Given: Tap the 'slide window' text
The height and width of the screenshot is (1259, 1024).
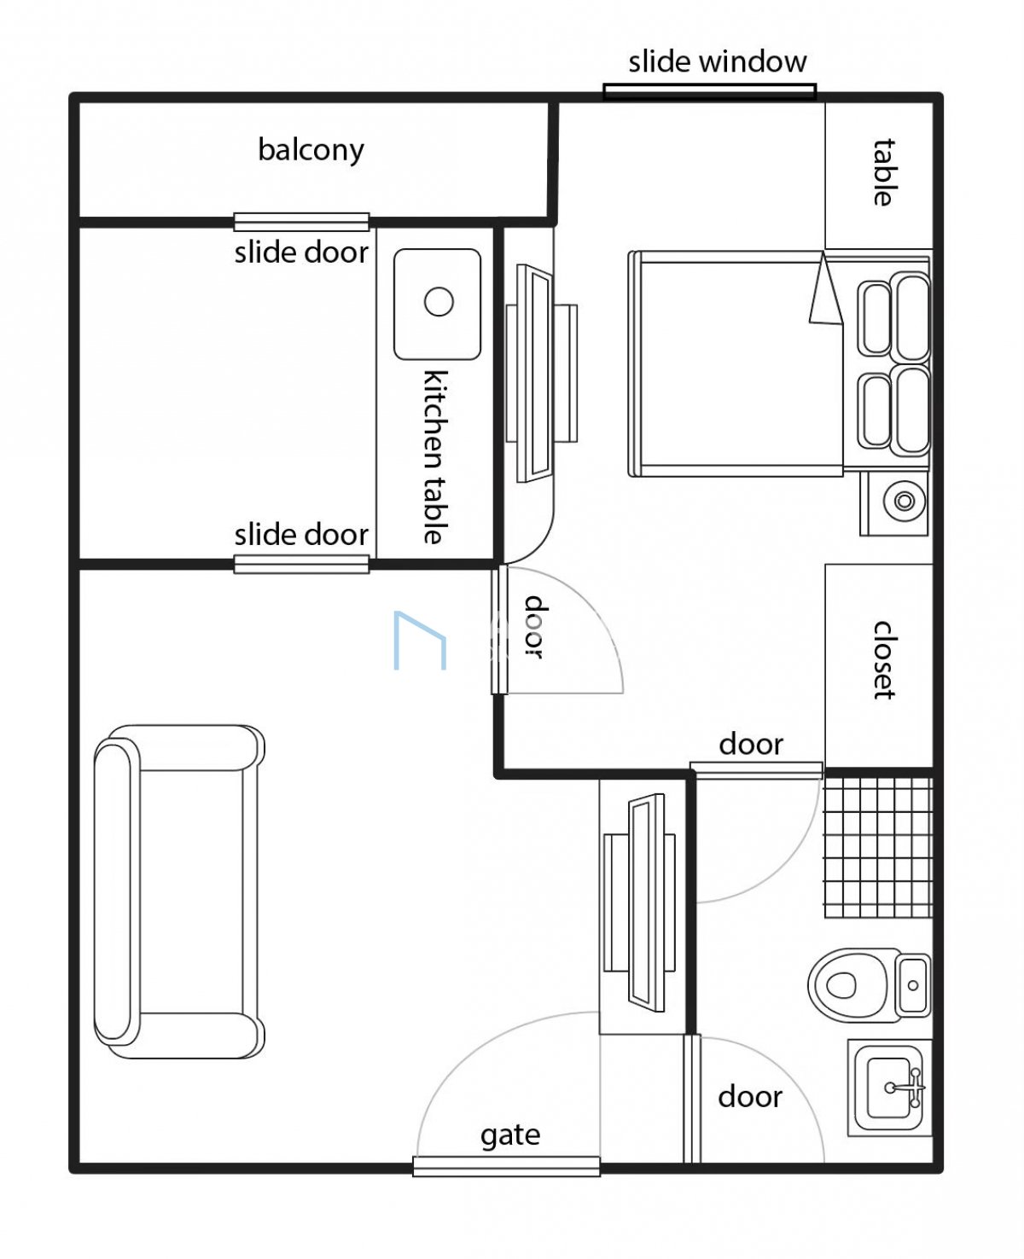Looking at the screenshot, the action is click(x=717, y=62).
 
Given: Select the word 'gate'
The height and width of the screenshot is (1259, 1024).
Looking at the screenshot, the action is click(x=510, y=1135).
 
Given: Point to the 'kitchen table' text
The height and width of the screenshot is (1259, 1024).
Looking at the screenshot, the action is click(x=436, y=456).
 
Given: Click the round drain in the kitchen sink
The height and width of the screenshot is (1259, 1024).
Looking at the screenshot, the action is click(x=439, y=301).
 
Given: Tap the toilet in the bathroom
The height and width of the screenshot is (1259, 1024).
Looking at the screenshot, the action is click(x=869, y=985).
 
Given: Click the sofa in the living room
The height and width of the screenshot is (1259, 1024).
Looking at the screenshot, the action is click(x=179, y=891).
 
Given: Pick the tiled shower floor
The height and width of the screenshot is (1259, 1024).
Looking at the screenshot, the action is click(x=879, y=848).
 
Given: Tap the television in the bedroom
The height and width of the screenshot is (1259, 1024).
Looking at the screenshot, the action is click(x=540, y=373).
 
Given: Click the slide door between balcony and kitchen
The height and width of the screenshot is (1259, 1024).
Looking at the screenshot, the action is click(x=301, y=222).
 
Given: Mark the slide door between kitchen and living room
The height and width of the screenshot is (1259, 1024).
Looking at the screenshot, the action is click(x=301, y=564).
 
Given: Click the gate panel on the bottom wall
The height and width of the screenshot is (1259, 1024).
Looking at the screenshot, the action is click(x=507, y=1166).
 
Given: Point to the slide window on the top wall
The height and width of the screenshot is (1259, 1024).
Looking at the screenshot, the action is click(x=709, y=91).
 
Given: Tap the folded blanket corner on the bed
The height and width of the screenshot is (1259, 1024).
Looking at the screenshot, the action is click(x=825, y=290).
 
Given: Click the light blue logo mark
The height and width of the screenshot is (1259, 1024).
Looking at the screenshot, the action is click(x=420, y=640).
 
